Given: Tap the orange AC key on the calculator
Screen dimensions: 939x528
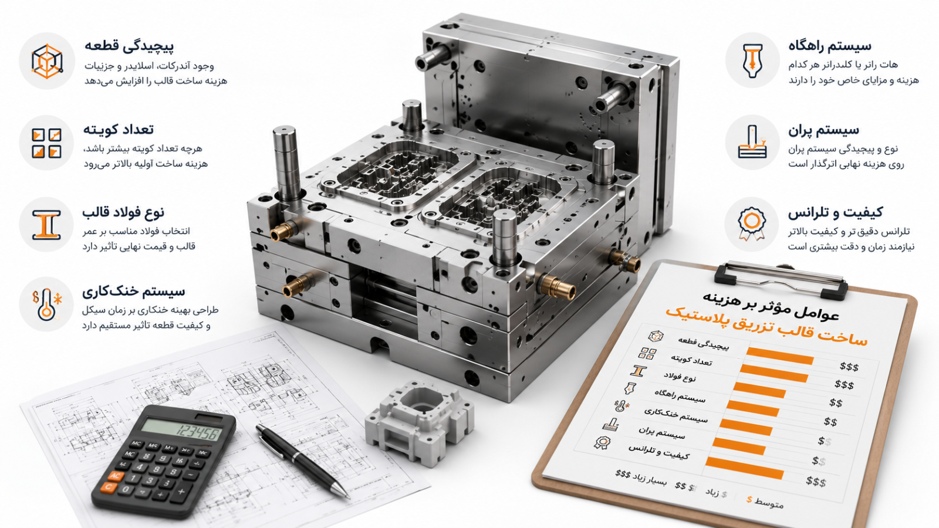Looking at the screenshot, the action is (115, 476).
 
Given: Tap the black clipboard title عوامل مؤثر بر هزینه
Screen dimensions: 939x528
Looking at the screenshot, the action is (771, 305).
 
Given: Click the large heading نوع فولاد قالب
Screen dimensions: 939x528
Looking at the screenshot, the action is (123, 212).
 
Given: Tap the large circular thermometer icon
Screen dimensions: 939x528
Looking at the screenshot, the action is (46, 304).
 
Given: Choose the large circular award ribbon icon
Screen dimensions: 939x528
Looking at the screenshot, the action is (752, 225).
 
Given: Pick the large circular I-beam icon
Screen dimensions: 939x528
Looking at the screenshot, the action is (46, 225).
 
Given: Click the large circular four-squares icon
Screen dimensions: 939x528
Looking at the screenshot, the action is (46, 143).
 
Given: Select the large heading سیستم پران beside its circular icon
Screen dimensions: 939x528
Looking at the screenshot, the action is (823, 130).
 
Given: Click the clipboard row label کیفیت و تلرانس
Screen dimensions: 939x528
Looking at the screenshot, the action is (658, 452).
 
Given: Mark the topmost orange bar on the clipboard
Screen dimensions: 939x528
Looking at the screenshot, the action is (780, 357).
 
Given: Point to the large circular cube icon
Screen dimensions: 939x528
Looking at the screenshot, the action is (46, 61).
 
